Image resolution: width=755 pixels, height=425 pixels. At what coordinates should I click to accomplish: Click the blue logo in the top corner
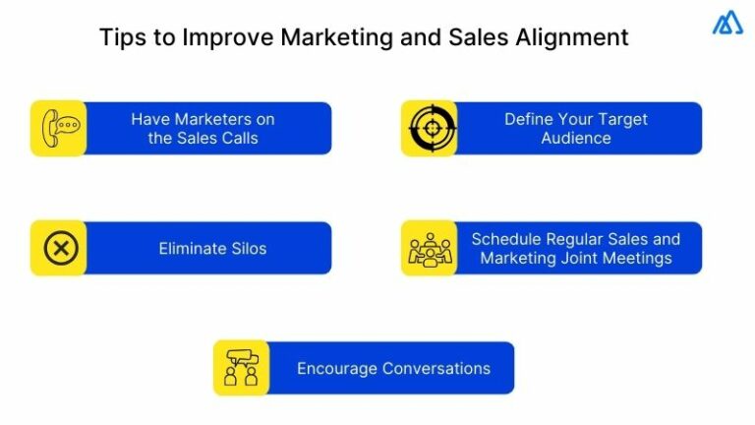point(727,24)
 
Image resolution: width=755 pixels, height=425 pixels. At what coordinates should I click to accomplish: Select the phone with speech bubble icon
point(58,128)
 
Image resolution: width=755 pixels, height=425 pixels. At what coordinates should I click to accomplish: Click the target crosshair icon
point(429,128)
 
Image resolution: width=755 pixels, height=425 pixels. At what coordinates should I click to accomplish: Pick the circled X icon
point(58,249)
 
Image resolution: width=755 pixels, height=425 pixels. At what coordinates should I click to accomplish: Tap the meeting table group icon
point(429,249)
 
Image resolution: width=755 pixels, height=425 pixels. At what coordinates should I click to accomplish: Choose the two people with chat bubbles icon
point(240,369)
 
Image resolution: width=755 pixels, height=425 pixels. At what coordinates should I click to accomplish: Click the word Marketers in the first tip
point(214,119)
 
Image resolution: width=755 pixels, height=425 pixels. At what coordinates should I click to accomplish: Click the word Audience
point(576,138)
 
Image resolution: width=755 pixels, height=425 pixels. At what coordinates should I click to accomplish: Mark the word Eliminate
point(190,249)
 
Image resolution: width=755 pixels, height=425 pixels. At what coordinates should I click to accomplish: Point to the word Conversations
point(436,369)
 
